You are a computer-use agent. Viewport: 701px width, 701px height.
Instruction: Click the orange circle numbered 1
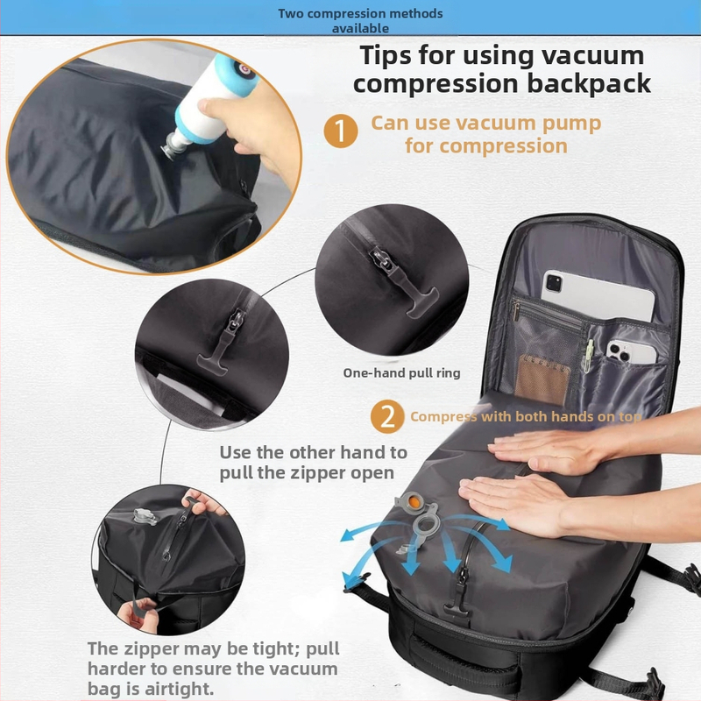[x=341, y=131]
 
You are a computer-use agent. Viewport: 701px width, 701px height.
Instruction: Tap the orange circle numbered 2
[x=387, y=416]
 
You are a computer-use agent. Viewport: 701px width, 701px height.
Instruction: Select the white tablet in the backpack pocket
[x=598, y=295]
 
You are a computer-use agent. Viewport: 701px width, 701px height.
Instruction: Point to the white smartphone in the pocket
[x=631, y=352]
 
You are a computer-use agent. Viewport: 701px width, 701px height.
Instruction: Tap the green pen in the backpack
[x=588, y=356]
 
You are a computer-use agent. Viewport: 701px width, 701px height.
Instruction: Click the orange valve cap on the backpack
[x=414, y=502]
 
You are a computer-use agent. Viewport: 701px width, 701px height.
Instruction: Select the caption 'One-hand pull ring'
[x=401, y=373]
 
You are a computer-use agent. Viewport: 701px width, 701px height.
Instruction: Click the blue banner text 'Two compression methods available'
[x=360, y=20]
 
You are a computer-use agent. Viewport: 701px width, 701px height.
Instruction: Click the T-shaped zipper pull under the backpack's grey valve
[x=457, y=609]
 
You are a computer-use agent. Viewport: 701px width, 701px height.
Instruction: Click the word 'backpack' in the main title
[x=589, y=83]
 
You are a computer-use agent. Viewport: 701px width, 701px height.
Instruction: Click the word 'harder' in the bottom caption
[x=117, y=669]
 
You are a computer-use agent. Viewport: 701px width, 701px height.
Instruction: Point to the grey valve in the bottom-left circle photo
[x=145, y=516]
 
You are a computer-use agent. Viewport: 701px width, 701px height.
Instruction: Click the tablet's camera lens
[x=555, y=283]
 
